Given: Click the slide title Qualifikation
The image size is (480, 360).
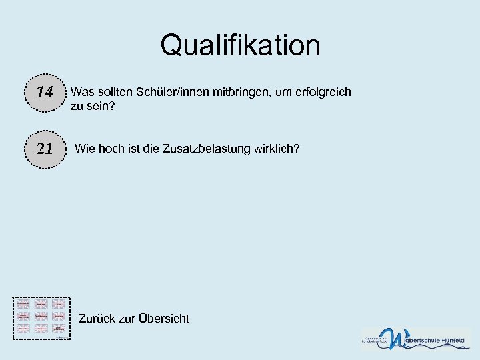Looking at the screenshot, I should click(x=240, y=45).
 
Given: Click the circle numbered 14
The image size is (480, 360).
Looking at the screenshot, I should click(x=45, y=93).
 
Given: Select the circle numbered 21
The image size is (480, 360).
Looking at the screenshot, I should click(x=45, y=149).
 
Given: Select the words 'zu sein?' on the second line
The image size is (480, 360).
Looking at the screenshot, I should click(x=93, y=105).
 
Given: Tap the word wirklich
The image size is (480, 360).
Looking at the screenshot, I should click(x=275, y=148).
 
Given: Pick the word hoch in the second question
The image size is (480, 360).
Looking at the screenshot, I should click(x=111, y=148).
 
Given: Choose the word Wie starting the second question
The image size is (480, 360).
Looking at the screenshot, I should click(x=85, y=148).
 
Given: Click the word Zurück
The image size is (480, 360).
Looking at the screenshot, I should click(x=97, y=319).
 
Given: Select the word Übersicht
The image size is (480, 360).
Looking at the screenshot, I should click(x=164, y=319).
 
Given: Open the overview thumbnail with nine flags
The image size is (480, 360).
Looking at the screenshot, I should click(x=41, y=317).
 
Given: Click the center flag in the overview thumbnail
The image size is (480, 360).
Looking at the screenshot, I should click(x=41, y=315).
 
